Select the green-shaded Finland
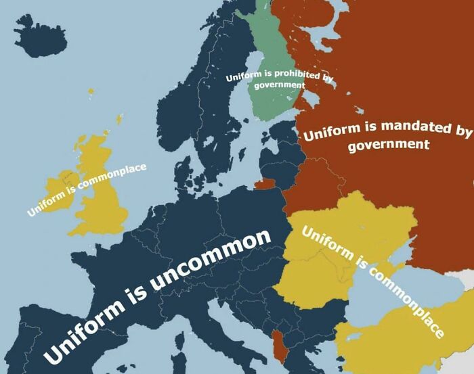[x=271, y=101]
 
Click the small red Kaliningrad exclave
[x=265, y=183]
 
